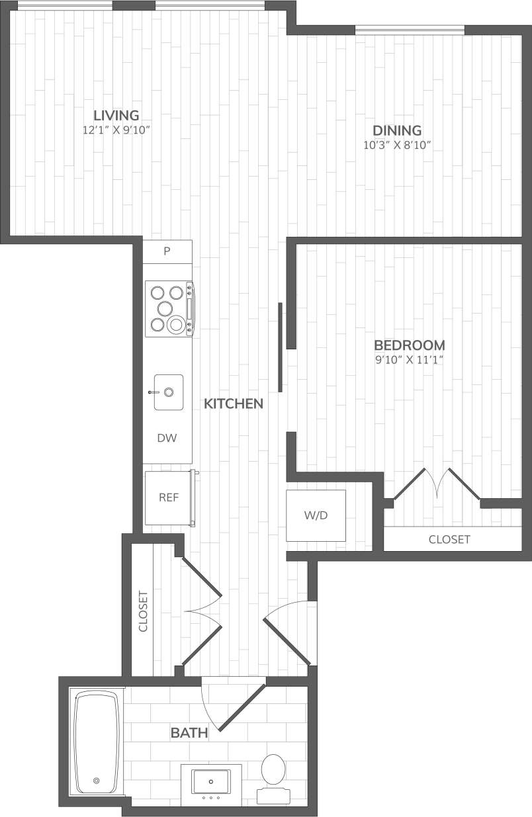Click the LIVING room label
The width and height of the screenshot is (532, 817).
click(x=116, y=114)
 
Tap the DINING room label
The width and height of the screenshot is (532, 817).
click(x=397, y=130)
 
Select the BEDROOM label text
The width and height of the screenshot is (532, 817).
click(x=409, y=345)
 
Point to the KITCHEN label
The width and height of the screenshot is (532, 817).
click(x=234, y=404)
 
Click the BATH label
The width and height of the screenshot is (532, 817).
click(x=189, y=732)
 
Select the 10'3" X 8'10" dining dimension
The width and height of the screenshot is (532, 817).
click(x=397, y=146)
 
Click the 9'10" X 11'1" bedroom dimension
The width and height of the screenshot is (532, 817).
click(x=409, y=361)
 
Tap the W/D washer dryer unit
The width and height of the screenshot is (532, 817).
click(x=316, y=515)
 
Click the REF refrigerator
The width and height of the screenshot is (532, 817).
click(x=169, y=497)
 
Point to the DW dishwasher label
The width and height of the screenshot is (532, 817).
click(x=167, y=438)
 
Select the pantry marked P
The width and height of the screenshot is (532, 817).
click(x=167, y=251)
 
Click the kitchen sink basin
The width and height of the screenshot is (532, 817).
click(x=169, y=392)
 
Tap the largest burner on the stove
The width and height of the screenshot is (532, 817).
click(x=176, y=324)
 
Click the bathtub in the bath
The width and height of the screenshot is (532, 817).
click(x=97, y=742)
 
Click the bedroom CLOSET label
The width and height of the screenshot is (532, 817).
click(x=449, y=539)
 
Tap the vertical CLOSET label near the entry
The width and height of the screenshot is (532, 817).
click(x=143, y=611)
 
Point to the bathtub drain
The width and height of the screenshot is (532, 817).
click(x=97, y=781)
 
